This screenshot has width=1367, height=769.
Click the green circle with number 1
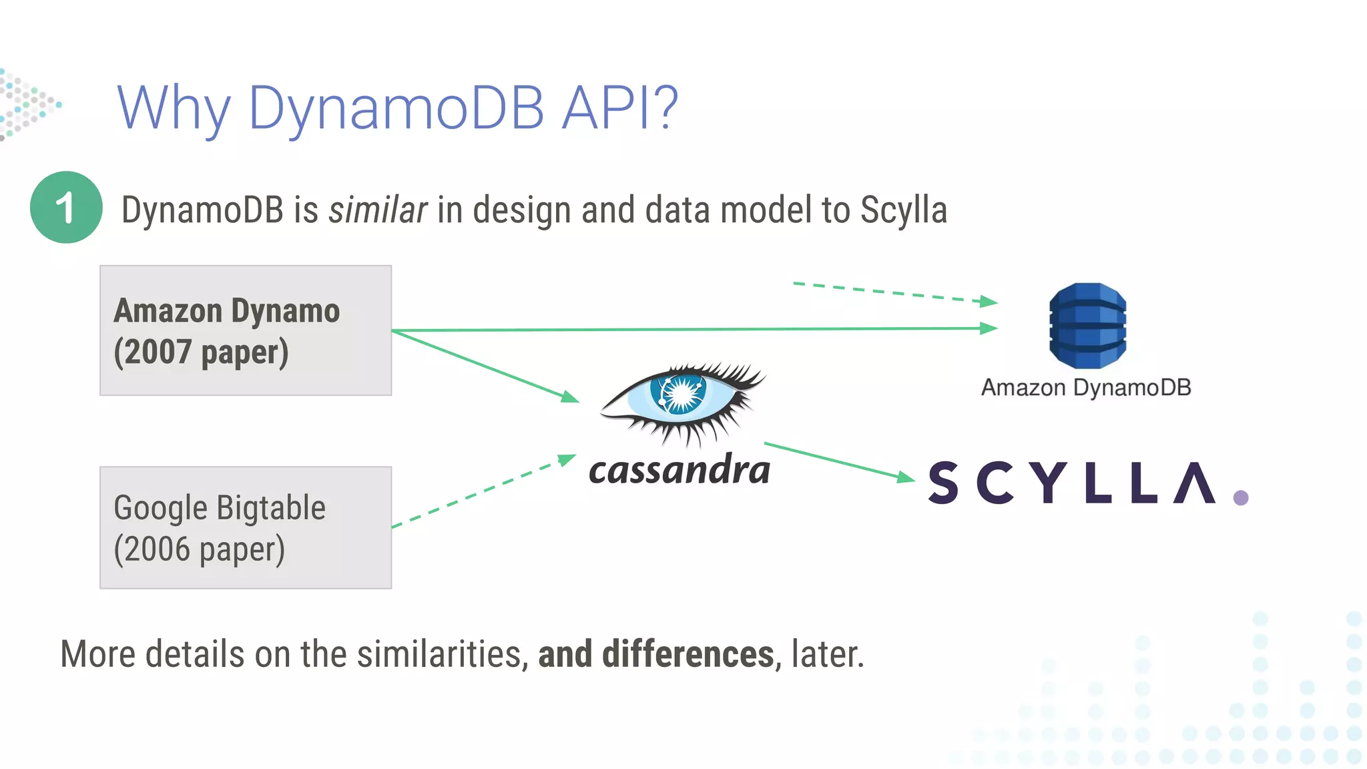(x=66, y=208)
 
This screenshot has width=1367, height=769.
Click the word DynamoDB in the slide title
(x=396, y=108)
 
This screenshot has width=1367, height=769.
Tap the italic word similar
(x=378, y=210)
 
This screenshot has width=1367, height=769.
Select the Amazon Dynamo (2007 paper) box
(x=246, y=330)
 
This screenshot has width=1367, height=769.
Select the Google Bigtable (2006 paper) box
(x=246, y=527)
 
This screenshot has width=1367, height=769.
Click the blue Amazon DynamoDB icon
(x=1087, y=326)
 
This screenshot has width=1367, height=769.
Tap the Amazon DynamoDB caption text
(x=1086, y=388)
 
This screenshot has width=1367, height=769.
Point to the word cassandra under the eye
(x=679, y=471)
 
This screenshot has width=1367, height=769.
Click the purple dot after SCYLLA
(x=1241, y=498)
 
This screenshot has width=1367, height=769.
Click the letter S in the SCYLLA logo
(x=943, y=483)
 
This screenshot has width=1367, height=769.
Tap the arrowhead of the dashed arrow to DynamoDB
(x=989, y=302)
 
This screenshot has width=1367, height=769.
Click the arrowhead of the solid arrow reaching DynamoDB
(x=989, y=328)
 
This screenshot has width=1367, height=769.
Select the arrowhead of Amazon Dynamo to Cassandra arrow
(x=569, y=397)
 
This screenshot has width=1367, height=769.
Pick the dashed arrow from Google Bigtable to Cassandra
(x=481, y=493)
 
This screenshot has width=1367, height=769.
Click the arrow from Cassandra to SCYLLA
(x=838, y=461)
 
